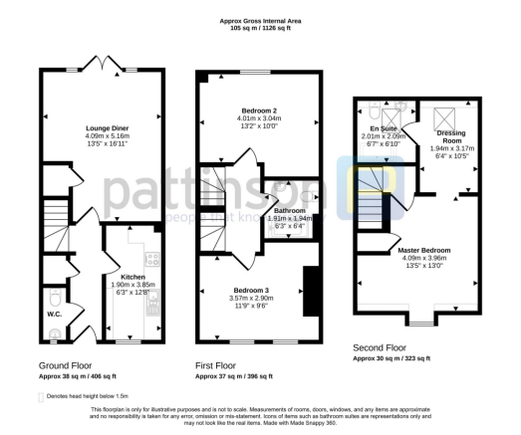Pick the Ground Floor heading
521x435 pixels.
tap(67, 366)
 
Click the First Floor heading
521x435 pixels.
tap(220, 366)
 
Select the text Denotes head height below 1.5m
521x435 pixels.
tap(97, 396)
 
